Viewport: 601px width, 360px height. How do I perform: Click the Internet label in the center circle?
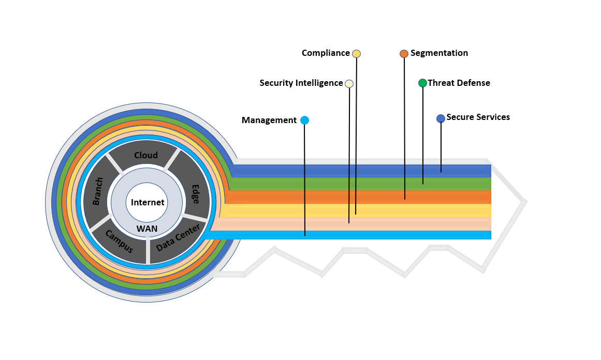148,202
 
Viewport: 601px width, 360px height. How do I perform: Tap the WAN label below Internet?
147,229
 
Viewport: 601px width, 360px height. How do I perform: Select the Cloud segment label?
145,155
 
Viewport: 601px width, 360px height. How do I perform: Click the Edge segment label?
196,194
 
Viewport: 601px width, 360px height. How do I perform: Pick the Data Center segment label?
178,237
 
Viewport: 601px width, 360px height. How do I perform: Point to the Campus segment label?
119,241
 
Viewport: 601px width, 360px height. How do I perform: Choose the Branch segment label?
98,191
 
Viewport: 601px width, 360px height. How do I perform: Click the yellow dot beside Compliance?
357,54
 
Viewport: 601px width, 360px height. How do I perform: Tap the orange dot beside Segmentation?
404,54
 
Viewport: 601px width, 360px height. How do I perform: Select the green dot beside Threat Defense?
422,83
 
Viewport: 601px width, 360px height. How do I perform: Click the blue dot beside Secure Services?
441,118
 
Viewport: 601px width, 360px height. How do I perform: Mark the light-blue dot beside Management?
305,120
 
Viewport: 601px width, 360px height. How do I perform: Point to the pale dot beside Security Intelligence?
349,83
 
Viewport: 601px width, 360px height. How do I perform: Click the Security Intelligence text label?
301,83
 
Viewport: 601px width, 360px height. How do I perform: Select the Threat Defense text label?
459,83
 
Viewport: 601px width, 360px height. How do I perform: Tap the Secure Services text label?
478,117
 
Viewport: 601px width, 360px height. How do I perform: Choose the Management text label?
269,120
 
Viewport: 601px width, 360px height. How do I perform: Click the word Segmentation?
439,53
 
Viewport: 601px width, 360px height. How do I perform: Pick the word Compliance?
326,53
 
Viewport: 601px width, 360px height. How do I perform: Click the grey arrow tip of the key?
526,201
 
